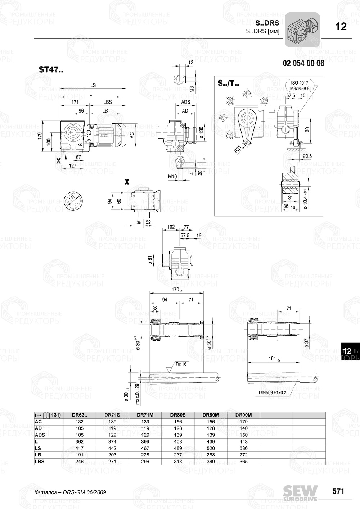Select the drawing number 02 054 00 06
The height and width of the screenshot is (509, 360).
[x=303, y=63]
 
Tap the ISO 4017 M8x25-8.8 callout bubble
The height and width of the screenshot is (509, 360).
[x=300, y=85]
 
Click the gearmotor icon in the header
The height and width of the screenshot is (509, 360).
[x=302, y=29]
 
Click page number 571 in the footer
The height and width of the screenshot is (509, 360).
[x=338, y=491]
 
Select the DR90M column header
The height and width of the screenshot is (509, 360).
[x=243, y=415]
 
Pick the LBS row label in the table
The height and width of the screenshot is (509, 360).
[x=40, y=462]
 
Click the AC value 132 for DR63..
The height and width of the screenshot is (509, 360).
[x=79, y=422]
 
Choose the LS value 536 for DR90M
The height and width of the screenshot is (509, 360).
[x=243, y=448]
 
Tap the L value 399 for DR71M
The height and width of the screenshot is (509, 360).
[x=145, y=442]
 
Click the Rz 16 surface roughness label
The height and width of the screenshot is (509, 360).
[x=181, y=364]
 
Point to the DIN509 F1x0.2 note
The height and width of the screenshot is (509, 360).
[x=272, y=392]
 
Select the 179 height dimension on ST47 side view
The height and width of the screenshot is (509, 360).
[x=40, y=136]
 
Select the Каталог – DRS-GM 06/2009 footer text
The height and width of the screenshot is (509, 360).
[x=70, y=492]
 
